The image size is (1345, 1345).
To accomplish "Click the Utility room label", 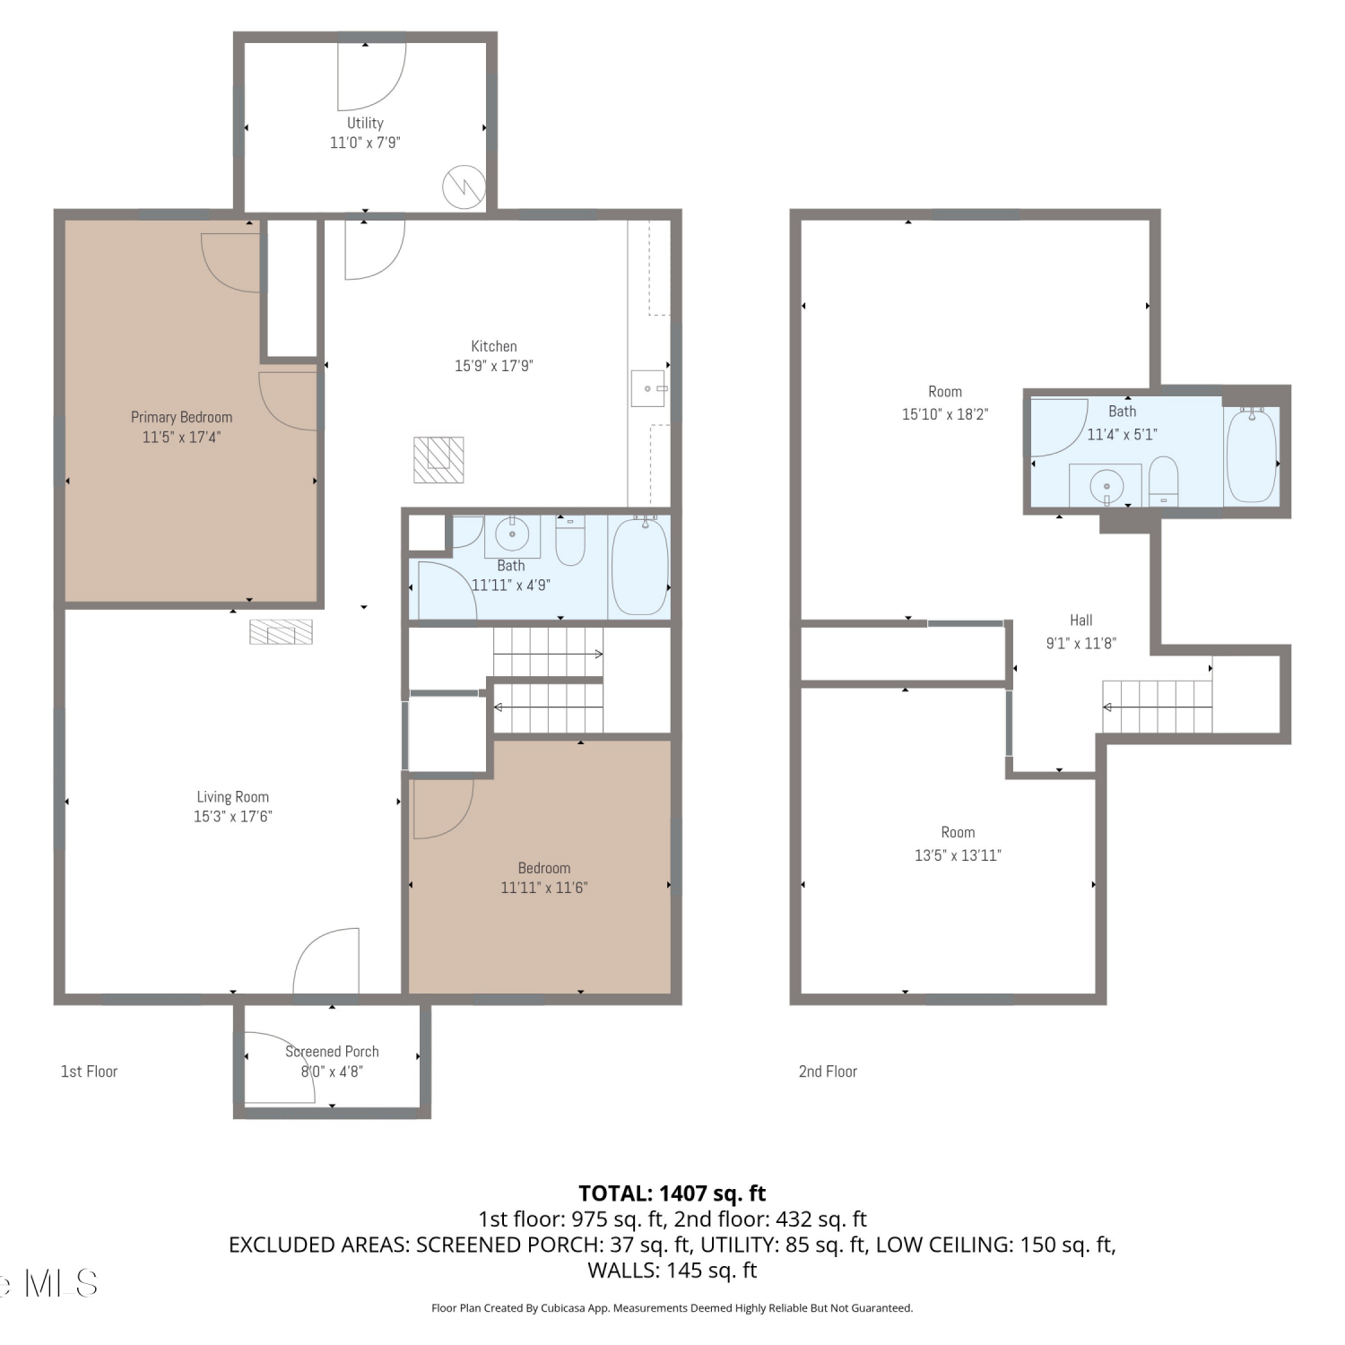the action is tap(365, 123).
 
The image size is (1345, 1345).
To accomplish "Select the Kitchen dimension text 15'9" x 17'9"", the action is tap(494, 366).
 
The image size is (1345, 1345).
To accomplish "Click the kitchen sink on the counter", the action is tap(648, 388).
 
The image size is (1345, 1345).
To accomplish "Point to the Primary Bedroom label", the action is tap(181, 417).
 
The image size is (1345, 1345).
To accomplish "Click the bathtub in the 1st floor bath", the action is tap(639, 565).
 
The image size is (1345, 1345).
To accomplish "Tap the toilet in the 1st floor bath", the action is tap(570, 540).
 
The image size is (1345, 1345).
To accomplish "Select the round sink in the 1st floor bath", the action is tap(512, 535).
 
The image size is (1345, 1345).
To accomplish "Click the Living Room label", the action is tap(233, 797).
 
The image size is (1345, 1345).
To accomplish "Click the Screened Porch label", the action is tap(332, 1052).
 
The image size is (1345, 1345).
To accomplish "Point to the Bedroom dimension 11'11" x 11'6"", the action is tap(544, 888).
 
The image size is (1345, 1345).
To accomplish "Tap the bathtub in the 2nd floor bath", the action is tap(1252, 456).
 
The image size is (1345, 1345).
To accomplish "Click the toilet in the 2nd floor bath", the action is tap(1164, 482).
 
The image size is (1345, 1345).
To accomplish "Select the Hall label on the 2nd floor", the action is tap(1081, 620).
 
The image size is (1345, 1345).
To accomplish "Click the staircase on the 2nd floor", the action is tap(1157, 707).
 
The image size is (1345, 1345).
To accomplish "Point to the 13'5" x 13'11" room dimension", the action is tap(958, 855).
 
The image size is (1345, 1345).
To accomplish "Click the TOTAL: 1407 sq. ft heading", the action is tap(672, 1193).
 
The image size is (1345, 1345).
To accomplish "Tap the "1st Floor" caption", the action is tap(89, 1072).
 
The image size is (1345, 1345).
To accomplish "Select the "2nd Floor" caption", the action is tap(828, 1072).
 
